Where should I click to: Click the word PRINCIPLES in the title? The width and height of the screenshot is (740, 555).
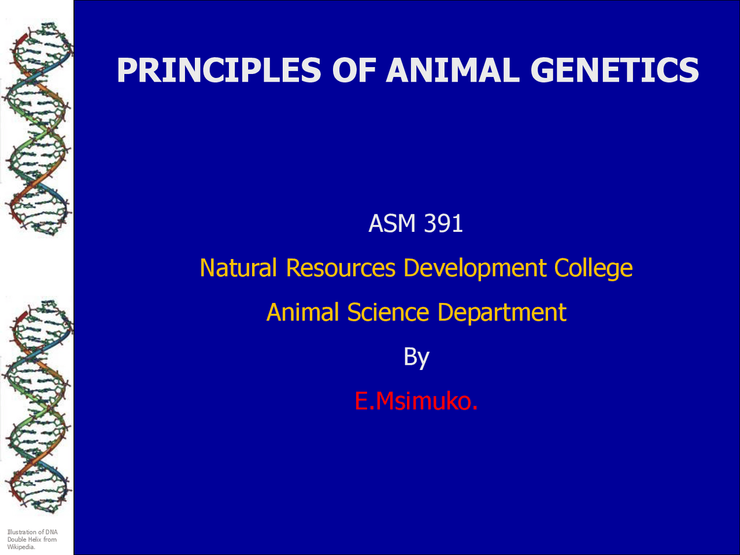pos(219,71)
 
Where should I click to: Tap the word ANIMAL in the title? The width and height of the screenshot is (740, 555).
pos(453,71)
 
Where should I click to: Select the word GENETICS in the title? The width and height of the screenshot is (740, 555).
pos(615,71)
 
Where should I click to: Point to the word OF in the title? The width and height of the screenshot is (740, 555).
pos(353,71)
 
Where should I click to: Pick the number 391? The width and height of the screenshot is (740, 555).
pos(443,224)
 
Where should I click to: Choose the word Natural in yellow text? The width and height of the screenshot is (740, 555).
pos(238,268)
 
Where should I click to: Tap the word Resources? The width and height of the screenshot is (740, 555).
pos(341,268)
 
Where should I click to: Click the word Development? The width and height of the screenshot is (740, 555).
pos(475,268)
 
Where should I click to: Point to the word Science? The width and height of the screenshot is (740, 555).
pos(388,313)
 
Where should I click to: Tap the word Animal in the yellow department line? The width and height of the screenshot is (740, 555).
pos(302,313)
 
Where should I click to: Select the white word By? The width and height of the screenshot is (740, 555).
pos(416,357)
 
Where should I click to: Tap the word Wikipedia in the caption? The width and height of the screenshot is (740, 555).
pos(21,547)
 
